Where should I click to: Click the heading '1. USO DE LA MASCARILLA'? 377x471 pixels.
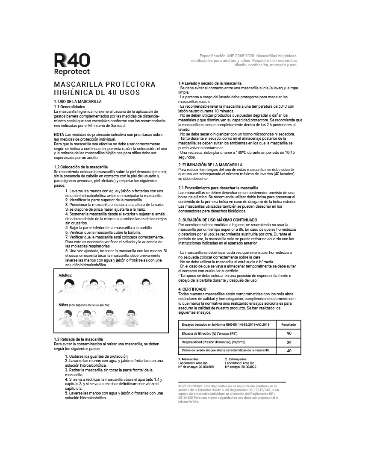78,101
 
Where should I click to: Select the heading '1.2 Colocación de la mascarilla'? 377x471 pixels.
81,167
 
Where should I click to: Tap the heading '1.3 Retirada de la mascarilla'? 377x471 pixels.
78,339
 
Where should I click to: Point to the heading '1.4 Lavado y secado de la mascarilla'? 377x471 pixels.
210,83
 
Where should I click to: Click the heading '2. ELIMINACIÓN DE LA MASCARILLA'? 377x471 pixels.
210,165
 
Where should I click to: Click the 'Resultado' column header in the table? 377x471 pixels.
289,325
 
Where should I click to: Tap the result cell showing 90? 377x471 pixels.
289,333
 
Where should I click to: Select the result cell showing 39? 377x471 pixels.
289,342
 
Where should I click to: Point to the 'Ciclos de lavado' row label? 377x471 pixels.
226,350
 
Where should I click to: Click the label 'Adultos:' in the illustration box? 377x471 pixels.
65,275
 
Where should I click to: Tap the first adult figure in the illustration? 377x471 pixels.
69,286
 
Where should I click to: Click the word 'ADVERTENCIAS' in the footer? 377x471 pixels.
191,386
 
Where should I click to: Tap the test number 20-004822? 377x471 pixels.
249,367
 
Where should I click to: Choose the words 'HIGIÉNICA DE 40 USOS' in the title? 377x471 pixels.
97,92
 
